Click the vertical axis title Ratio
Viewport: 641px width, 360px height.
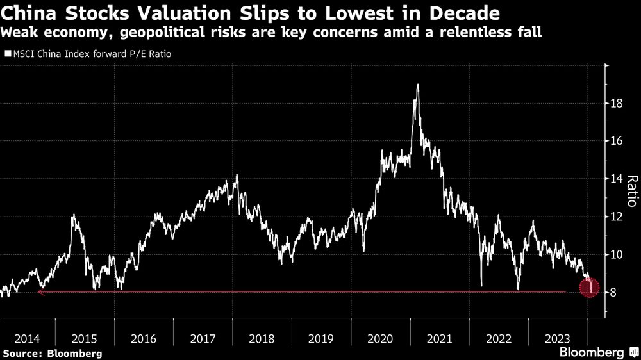[x=631, y=191]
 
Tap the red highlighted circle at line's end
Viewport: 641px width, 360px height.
[x=590, y=288]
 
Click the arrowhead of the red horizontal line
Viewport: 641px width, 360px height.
[x=40, y=292]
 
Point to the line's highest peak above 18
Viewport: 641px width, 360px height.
[x=418, y=85]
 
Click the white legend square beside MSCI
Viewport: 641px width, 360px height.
[x=7, y=54]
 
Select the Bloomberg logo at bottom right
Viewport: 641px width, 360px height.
[x=596, y=352]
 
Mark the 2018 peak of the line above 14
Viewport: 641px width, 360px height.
[x=237, y=175]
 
